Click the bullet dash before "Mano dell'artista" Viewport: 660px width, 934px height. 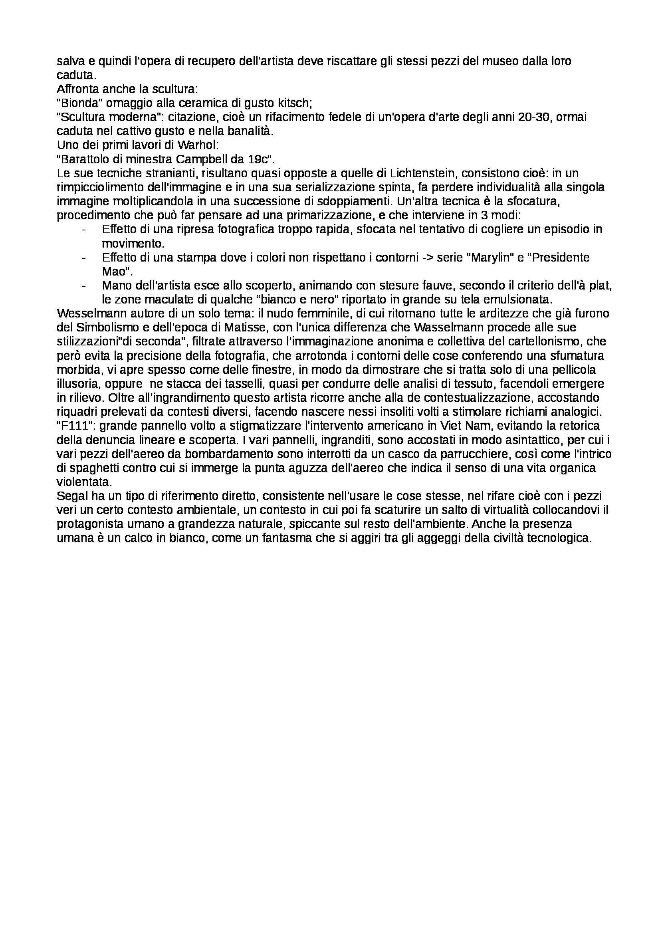click(x=84, y=286)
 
